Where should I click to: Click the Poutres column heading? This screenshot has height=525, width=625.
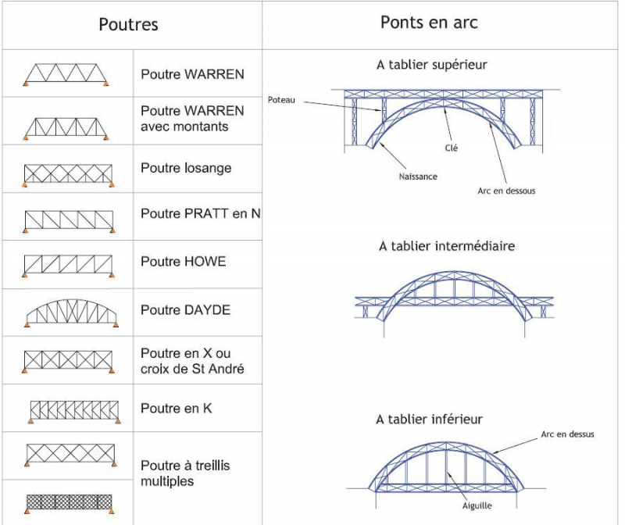(128, 24)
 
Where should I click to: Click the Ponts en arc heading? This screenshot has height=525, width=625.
(429, 22)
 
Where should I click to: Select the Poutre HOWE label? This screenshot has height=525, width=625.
(183, 262)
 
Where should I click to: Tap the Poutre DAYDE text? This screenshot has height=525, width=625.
(185, 310)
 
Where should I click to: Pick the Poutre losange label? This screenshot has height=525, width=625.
(186, 168)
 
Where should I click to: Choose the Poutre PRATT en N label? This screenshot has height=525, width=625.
(200, 213)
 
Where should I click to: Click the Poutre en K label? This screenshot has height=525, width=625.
(176, 408)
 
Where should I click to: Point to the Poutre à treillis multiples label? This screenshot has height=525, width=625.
(185, 473)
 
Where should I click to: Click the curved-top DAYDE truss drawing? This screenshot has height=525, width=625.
(71, 312)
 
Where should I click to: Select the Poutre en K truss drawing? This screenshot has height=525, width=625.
(73, 410)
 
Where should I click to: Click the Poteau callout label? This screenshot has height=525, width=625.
(281, 100)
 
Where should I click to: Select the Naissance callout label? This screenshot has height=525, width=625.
(416, 177)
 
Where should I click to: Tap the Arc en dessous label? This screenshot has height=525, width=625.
(506, 191)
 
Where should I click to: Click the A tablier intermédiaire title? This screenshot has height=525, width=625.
(447, 246)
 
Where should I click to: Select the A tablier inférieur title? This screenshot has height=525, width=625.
(429, 420)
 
